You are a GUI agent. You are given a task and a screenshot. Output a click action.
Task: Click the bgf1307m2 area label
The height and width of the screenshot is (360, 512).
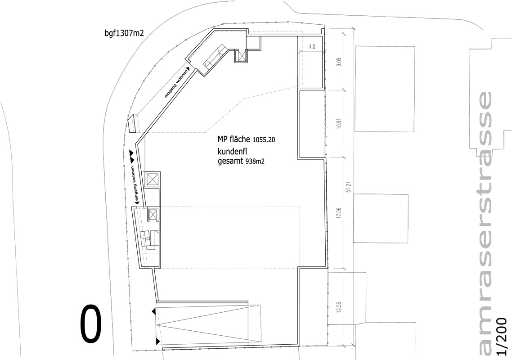[125, 33]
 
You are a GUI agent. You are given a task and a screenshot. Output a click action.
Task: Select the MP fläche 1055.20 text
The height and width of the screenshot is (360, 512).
[246, 139]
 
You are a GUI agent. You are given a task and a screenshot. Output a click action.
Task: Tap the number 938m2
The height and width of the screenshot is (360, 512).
[254, 162]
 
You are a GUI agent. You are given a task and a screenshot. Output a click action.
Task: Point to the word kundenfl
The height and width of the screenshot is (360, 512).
[231, 152]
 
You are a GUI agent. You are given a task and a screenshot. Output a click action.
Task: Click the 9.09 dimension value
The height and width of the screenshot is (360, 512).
[340, 62]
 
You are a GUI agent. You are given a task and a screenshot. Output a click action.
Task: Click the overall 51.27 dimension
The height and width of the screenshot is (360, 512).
[348, 187]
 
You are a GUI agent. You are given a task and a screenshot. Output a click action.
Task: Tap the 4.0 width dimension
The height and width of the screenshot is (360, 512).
[312, 47]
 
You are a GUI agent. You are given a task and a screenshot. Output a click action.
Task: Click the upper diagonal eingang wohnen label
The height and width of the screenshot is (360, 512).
[177, 83]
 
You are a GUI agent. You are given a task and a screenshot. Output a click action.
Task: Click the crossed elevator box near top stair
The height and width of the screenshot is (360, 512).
[242, 56]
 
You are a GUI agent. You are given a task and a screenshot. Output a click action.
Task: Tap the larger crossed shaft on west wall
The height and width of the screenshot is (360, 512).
[152, 179]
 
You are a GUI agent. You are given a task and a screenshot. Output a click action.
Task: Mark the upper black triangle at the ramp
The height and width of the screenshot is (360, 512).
[154, 312]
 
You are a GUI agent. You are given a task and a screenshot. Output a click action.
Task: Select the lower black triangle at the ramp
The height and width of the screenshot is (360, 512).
[158, 341]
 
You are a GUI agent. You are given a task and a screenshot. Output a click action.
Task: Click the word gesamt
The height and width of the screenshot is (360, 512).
[230, 161]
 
